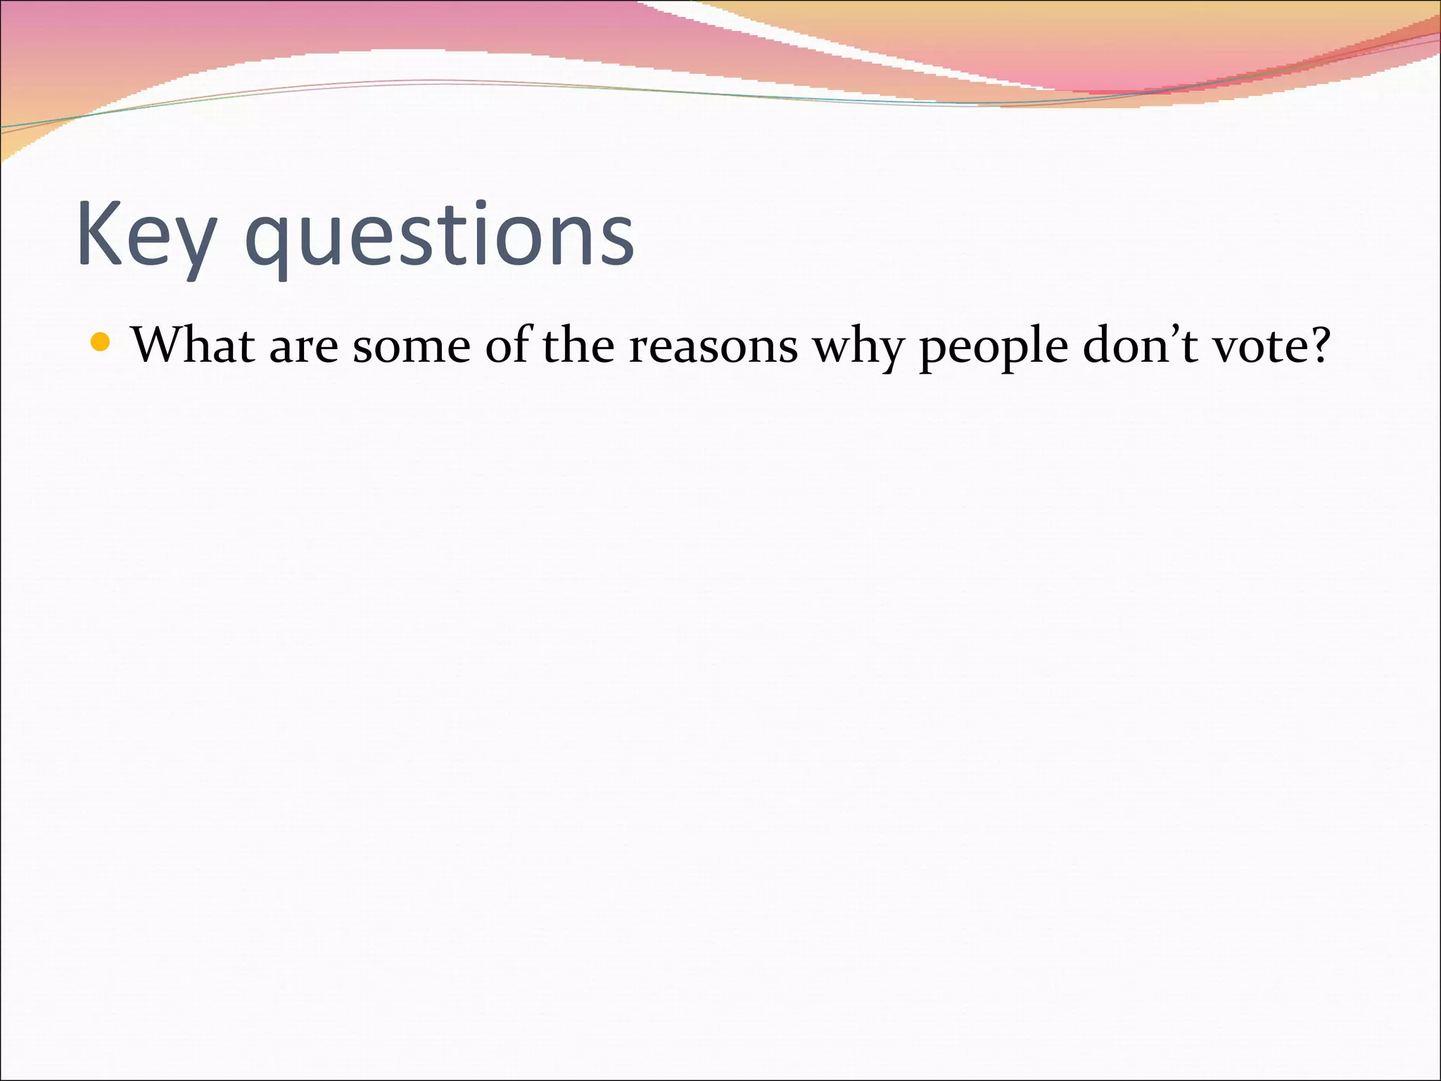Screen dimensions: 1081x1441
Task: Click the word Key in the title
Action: (145, 236)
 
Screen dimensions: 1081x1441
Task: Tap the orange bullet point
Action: (101, 343)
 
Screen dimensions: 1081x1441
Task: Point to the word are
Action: (303, 348)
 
